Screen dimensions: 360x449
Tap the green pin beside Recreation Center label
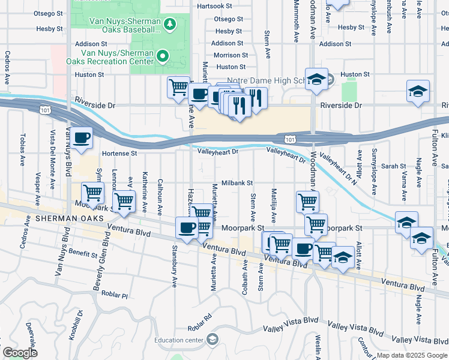[163, 57]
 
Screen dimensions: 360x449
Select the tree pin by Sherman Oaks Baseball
[170, 23]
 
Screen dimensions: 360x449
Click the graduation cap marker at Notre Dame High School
[316, 79]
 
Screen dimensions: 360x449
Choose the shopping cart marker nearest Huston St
[178, 88]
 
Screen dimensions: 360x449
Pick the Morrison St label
[230, 55]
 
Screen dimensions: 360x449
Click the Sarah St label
[394, 166]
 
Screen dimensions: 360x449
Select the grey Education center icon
[211, 340]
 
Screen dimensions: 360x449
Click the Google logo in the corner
[20, 353]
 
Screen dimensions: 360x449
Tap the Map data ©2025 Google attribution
[412, 355]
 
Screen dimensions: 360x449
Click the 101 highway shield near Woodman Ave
[290, 139]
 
